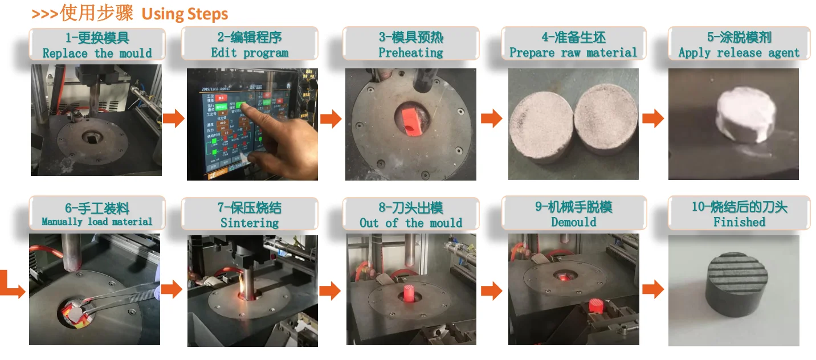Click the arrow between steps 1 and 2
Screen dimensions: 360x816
tap(173, 119)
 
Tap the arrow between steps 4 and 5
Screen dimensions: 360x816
tap(653, 119)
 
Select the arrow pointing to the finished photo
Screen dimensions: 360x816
tap(653, 289)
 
